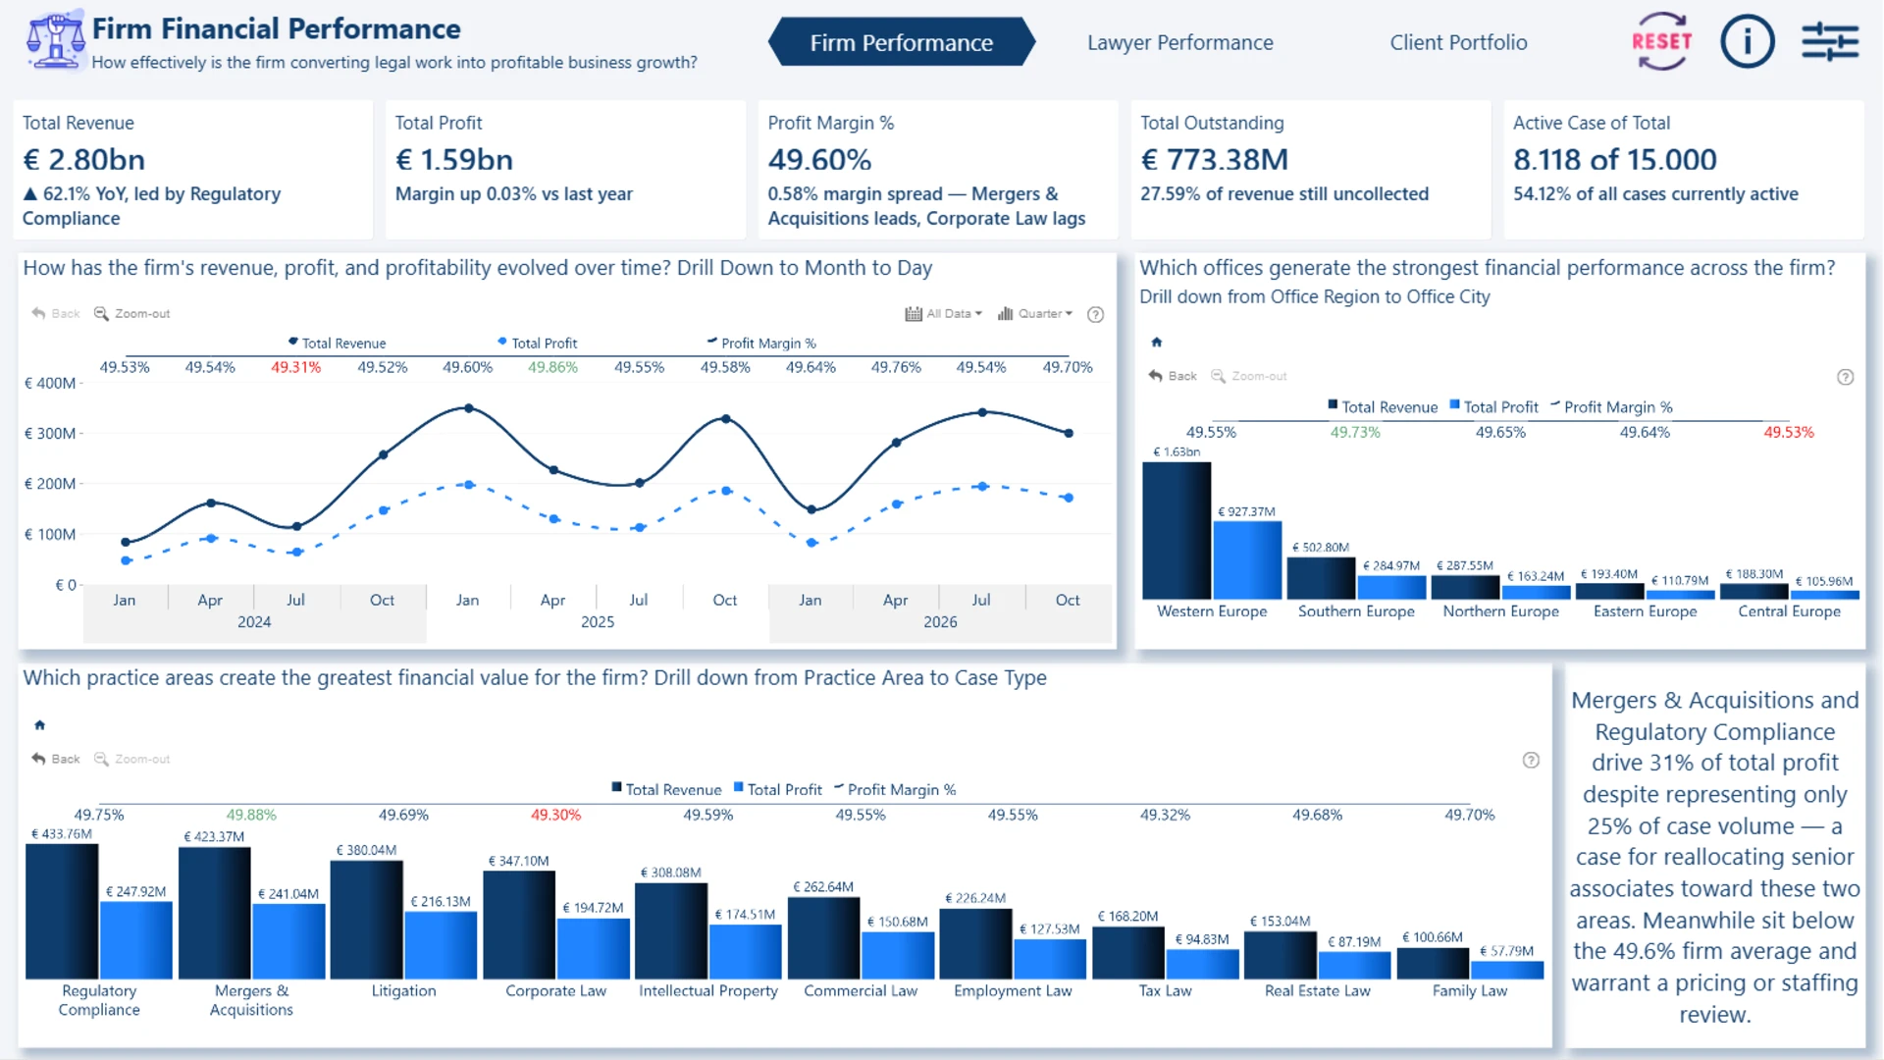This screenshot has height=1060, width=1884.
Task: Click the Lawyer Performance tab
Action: point(1179,42)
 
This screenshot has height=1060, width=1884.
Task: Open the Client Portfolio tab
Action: point(1458,42)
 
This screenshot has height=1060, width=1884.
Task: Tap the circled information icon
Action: point(1747,41)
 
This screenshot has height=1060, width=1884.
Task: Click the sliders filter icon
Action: point(1830,41)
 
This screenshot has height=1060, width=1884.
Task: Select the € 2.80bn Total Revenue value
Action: point(83,159)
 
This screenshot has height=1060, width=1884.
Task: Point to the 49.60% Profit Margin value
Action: point(819,159)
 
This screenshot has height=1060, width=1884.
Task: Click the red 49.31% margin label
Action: point(295,367)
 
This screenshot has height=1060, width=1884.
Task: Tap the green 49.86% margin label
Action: point(552,367)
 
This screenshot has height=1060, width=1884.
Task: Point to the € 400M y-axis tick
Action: point(50,383)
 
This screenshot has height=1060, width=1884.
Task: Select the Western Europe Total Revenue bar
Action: point(1177,530)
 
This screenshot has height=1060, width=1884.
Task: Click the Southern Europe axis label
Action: point(1356,611)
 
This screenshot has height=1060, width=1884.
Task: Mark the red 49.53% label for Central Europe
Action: point(1788,432)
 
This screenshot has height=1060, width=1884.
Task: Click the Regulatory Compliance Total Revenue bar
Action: point(62,911)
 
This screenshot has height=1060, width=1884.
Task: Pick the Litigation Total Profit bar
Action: point(441,945)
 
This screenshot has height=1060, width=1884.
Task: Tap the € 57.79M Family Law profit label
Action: point(1506,951)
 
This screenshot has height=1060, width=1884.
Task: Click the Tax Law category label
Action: point(1165,991)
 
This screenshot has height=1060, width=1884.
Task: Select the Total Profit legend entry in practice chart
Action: point(778,789)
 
